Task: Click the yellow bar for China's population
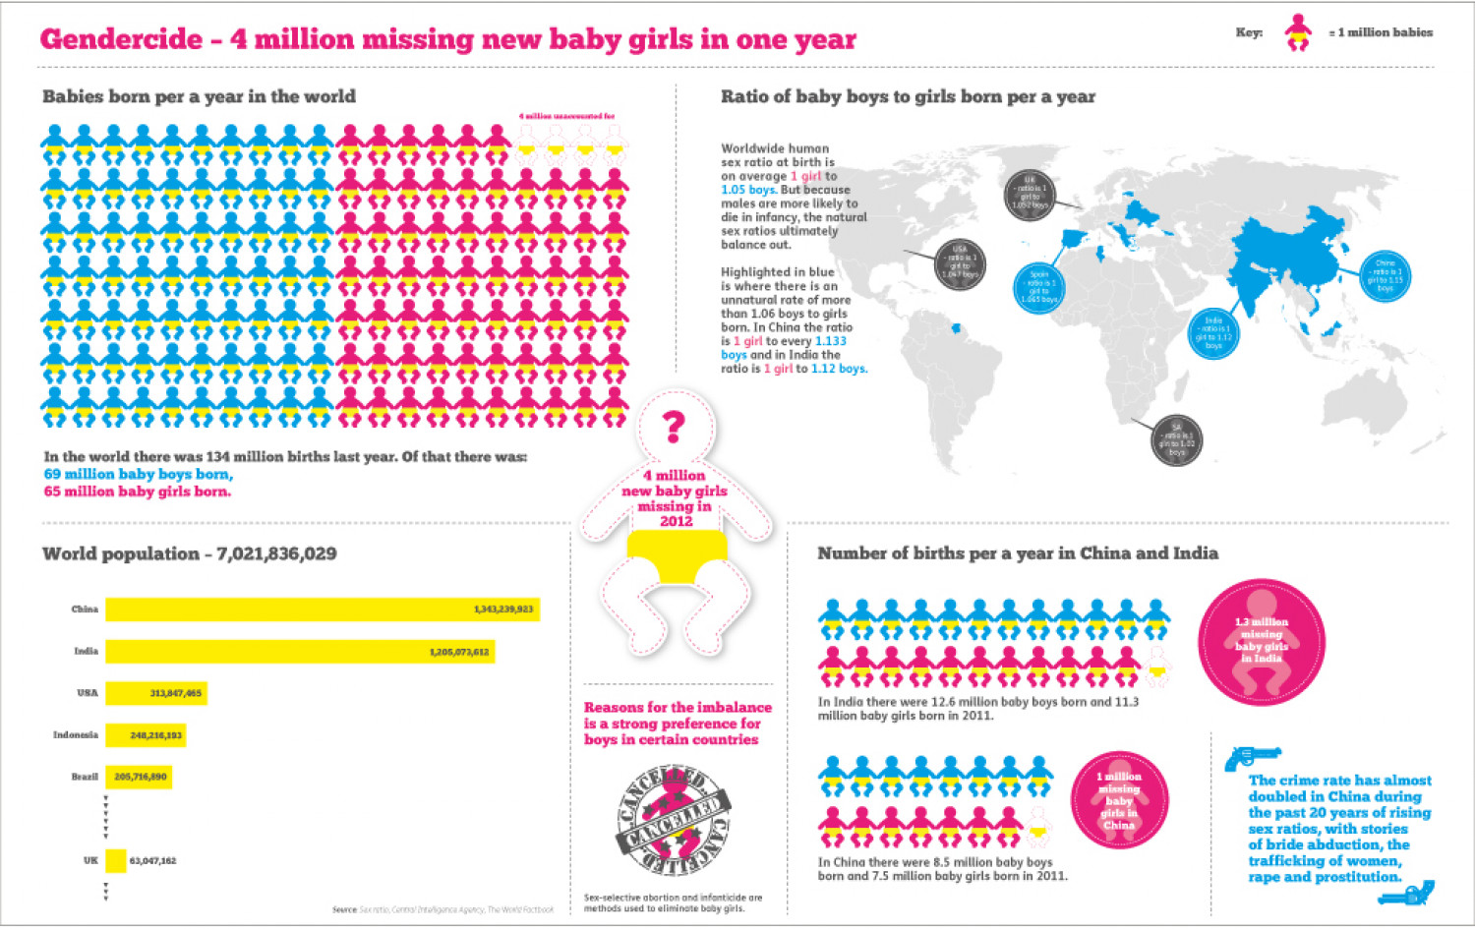tap(323, 610)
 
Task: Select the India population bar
tap(300, 652)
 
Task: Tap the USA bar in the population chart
tap(155, 693)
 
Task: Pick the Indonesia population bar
tap(145, 734)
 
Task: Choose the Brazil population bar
tap(139, 777)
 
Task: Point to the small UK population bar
tap(116, 861)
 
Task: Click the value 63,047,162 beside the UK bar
tap(152, 861)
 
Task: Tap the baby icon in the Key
tap(1298, 33)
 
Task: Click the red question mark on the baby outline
tap(674, 426)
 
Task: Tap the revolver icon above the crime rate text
tap(1250, 757)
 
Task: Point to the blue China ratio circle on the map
tap(1386, 276)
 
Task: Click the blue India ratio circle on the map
tap(1213, 333)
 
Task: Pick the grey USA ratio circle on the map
tap(960, 263)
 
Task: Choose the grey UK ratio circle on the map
tap(1030, 194)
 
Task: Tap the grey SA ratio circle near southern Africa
tap(1176, 439)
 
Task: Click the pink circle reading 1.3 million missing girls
tap(1262, 641)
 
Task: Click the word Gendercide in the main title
tap(121, 39)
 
